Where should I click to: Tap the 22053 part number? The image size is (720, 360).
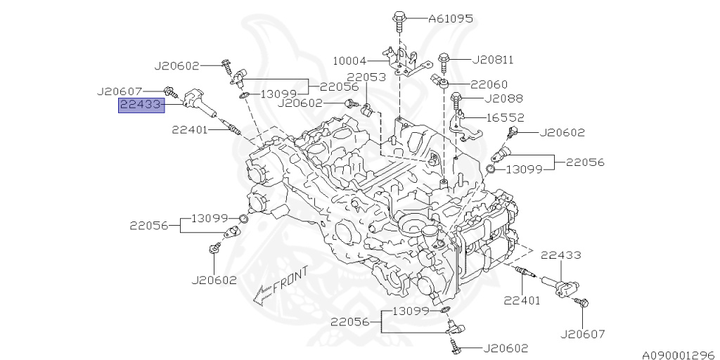pos(366,77)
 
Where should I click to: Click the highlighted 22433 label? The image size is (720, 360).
pos(141,105)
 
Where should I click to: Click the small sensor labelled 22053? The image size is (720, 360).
pos(368,109)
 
